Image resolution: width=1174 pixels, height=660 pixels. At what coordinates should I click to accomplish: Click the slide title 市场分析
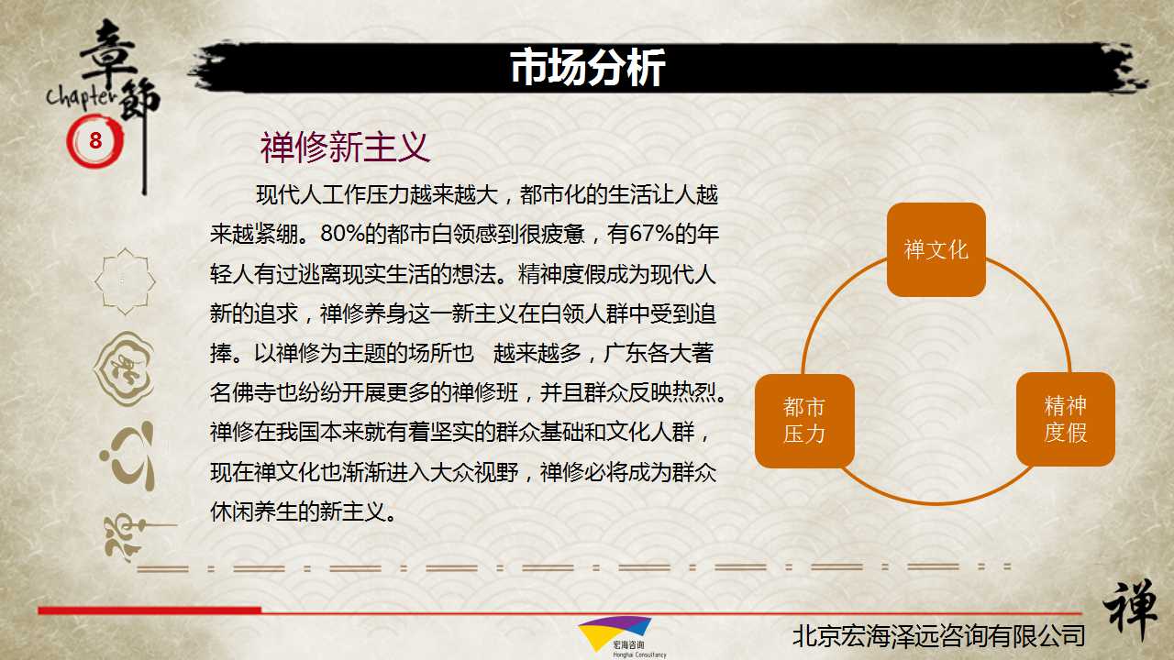pyautogui.click(x=588, y=67)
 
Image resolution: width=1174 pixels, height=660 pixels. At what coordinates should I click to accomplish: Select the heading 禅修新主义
pyautogui.click(x=345, y=148)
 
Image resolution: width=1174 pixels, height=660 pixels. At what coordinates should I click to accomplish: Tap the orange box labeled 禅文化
pyautogui.click(x=936, y=250)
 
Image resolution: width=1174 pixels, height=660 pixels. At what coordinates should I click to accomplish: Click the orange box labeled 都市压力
pyautogui.click(x=804, y=421)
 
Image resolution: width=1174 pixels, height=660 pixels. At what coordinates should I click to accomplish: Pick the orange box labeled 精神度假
pyautogui.click(x=1066, y=419)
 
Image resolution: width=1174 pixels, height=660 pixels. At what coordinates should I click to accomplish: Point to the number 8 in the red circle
pyautogui.click(x=95, y=140)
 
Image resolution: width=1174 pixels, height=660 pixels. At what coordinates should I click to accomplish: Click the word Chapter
pyautogui.click(x=82, y=97)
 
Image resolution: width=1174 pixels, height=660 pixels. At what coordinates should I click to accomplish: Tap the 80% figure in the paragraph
pyautogui.click(x=342, y=234)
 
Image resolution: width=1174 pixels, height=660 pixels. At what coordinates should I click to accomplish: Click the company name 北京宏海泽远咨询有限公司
pyautogui.click(x=938, y=636)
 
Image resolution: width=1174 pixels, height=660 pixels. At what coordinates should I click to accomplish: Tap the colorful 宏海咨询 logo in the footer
pyautogui.click(x=615, y=637)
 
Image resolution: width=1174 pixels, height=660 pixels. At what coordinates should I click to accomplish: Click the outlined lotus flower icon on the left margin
pyautogui.click(x=125, y=281)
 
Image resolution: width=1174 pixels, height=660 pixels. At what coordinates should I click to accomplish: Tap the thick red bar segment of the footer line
pyautogui.click(x=150, y=610)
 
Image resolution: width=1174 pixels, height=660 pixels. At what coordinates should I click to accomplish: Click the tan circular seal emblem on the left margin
pyautogui.click(x=124, y=368)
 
